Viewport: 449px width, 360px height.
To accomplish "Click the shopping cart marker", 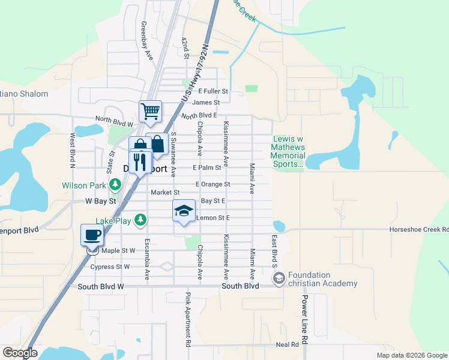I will [x=150, y=110].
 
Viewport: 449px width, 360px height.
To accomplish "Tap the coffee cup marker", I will [x=92, y=235].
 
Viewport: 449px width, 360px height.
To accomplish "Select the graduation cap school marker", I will [x=184, y=211].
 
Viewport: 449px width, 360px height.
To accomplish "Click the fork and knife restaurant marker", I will [x=140, y=161].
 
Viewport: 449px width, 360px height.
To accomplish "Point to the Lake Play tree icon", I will [x=140, y=221].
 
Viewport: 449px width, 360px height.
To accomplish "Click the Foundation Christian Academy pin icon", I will [x=279, y=278].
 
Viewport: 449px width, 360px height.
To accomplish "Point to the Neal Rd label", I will [x=287, y=344].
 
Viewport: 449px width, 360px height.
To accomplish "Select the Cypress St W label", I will [x=110, y=266].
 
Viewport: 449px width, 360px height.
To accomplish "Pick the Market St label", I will [x=161, y=193].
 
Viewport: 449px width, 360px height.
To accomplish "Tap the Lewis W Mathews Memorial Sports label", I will [x=289, y=152].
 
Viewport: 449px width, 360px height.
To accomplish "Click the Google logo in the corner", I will [x=20, y=353].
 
